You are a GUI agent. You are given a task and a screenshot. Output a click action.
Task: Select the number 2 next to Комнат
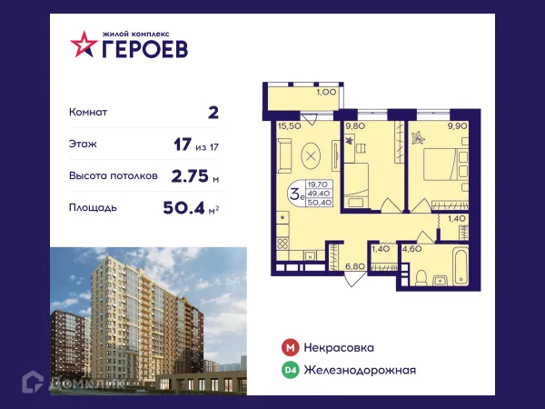(x=213, y=113)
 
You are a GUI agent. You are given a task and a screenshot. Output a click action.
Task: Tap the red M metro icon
(x=289, y=347)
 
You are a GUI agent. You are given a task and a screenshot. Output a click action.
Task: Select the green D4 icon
(x=289, y=369)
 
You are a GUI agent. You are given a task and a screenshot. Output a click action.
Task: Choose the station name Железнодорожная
(x=360, y=369)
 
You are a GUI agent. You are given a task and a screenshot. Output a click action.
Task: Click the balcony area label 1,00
(x=324, y=91)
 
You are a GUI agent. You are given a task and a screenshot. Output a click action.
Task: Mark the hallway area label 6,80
(x=353, y=266)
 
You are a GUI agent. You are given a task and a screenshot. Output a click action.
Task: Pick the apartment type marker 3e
(x=295, y=192)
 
